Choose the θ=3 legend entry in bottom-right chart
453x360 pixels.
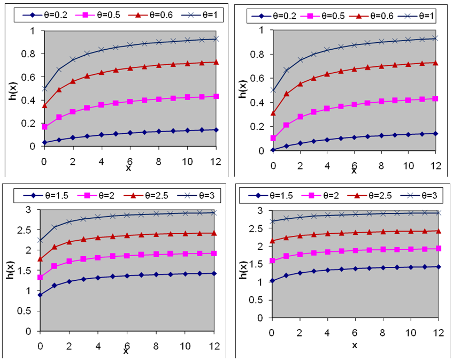tap(425, 197)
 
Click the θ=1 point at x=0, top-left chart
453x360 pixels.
tap(44, 88)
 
